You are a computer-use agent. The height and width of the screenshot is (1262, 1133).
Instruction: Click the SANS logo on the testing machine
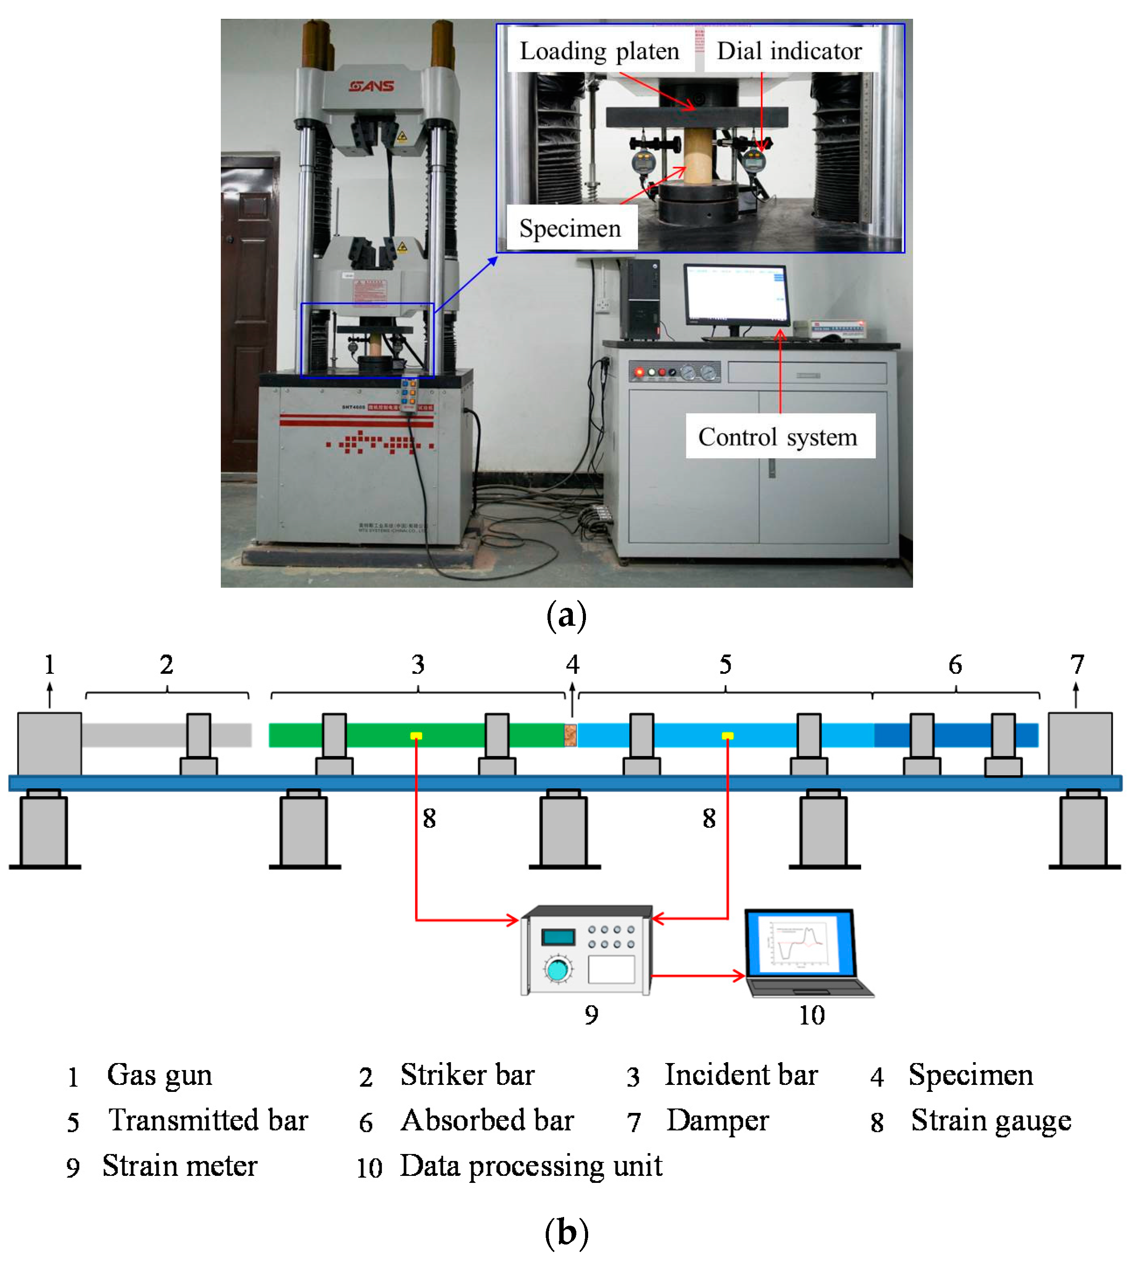(372, 86)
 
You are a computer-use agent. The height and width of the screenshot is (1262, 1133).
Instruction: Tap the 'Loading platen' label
(599, 51)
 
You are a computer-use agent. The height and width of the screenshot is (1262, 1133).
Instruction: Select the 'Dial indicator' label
(789, 51)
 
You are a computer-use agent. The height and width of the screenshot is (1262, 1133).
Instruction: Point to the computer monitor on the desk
(736, 293)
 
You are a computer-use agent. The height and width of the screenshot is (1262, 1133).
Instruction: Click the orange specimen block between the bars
(570, 735)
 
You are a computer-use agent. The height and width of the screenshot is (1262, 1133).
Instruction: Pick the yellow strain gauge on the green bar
(416, 736)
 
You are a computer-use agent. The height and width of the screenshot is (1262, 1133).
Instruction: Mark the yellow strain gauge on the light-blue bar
(727, 736)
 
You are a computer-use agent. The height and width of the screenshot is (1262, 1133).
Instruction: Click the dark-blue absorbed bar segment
(955, 735)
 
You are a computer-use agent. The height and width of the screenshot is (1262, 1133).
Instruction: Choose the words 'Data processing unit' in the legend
(530, 1165)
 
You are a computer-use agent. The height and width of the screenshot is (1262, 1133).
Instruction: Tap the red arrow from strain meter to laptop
(697, 976)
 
